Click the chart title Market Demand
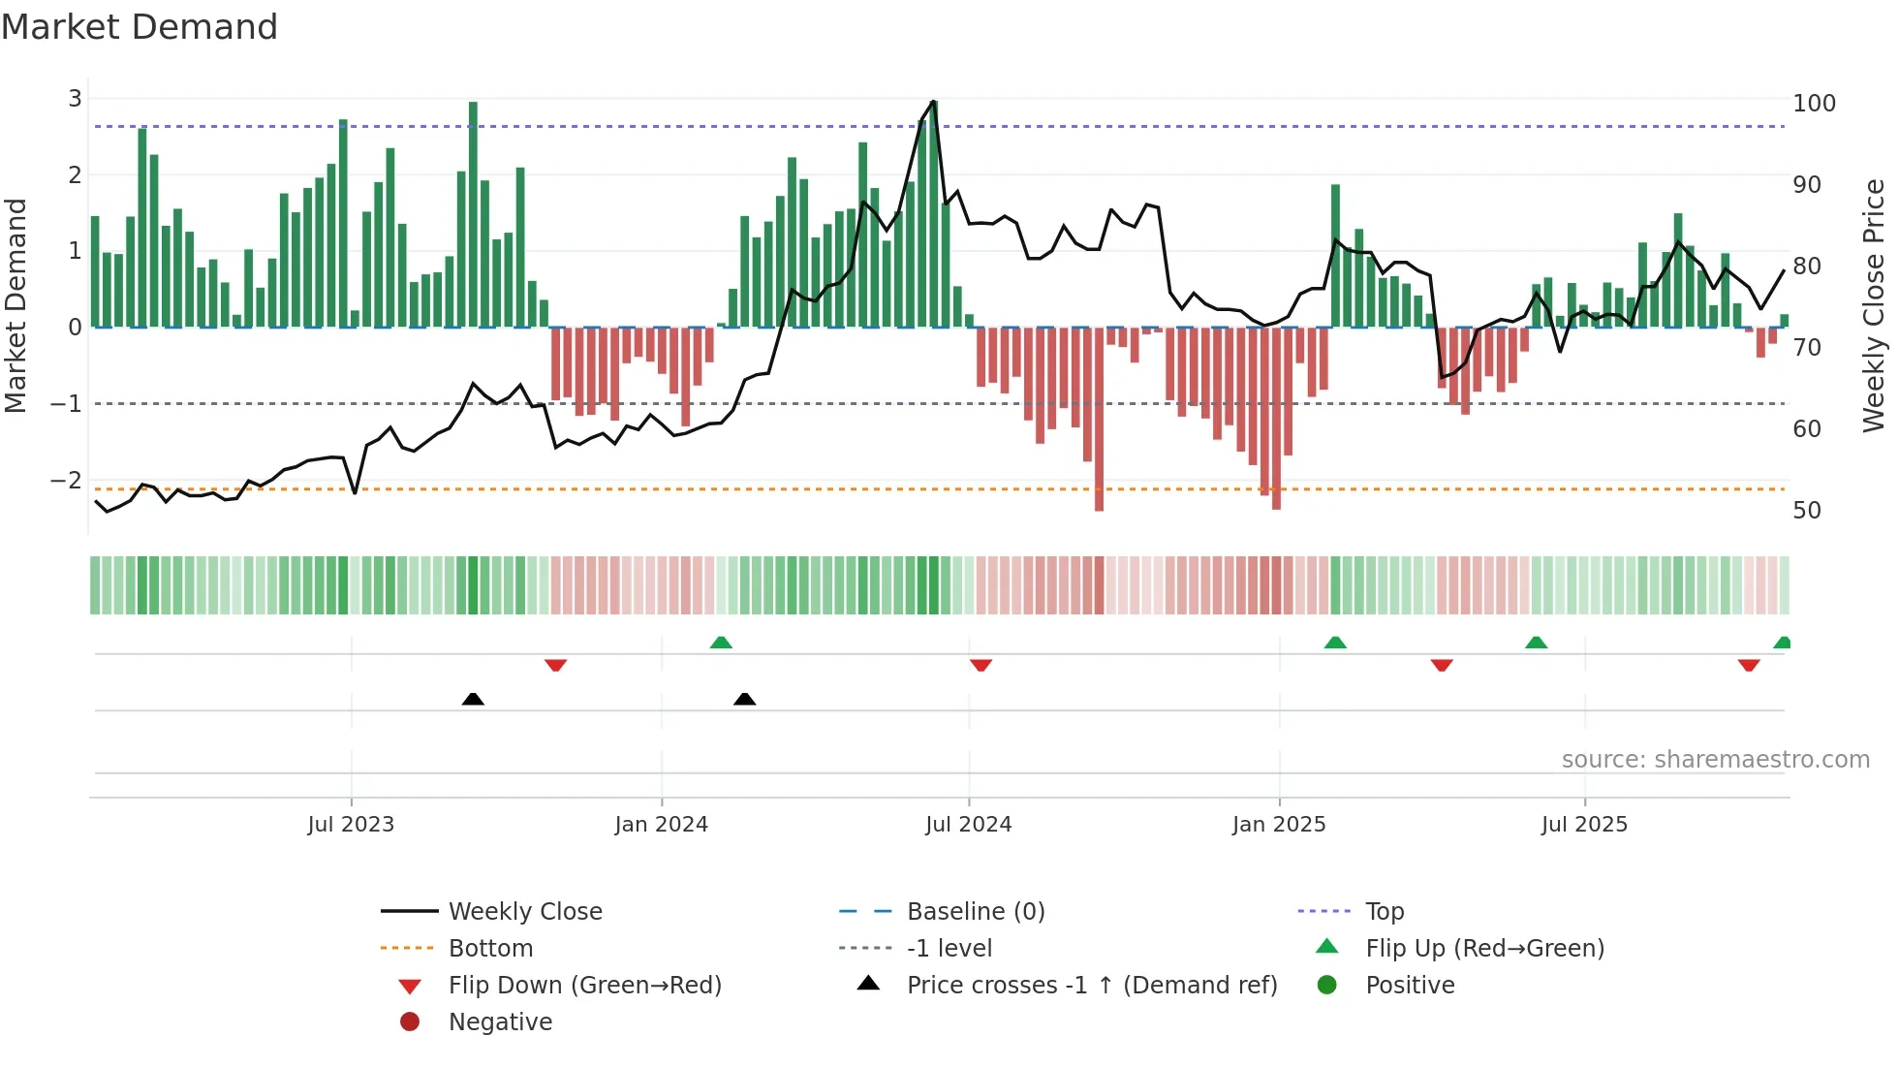(140, 27)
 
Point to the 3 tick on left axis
(75, 99)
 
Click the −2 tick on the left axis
(67, 480)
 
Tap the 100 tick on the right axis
(1814, 104)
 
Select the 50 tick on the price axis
(1806, 511)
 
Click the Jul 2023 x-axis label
(351, 825)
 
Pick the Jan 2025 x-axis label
(1278, 825)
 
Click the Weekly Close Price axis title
(1873, 305)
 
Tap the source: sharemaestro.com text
(1715, 760)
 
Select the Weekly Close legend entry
(524, 912)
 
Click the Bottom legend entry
(490, 949)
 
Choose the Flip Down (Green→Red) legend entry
(584, 986)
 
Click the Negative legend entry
(500, 1022)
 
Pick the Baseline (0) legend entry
(975, 912)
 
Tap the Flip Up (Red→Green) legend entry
(1484, 949)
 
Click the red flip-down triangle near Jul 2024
(981, 665)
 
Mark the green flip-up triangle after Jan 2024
(721, 643)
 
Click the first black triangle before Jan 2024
(473, 699)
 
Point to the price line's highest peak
(933, 101)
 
